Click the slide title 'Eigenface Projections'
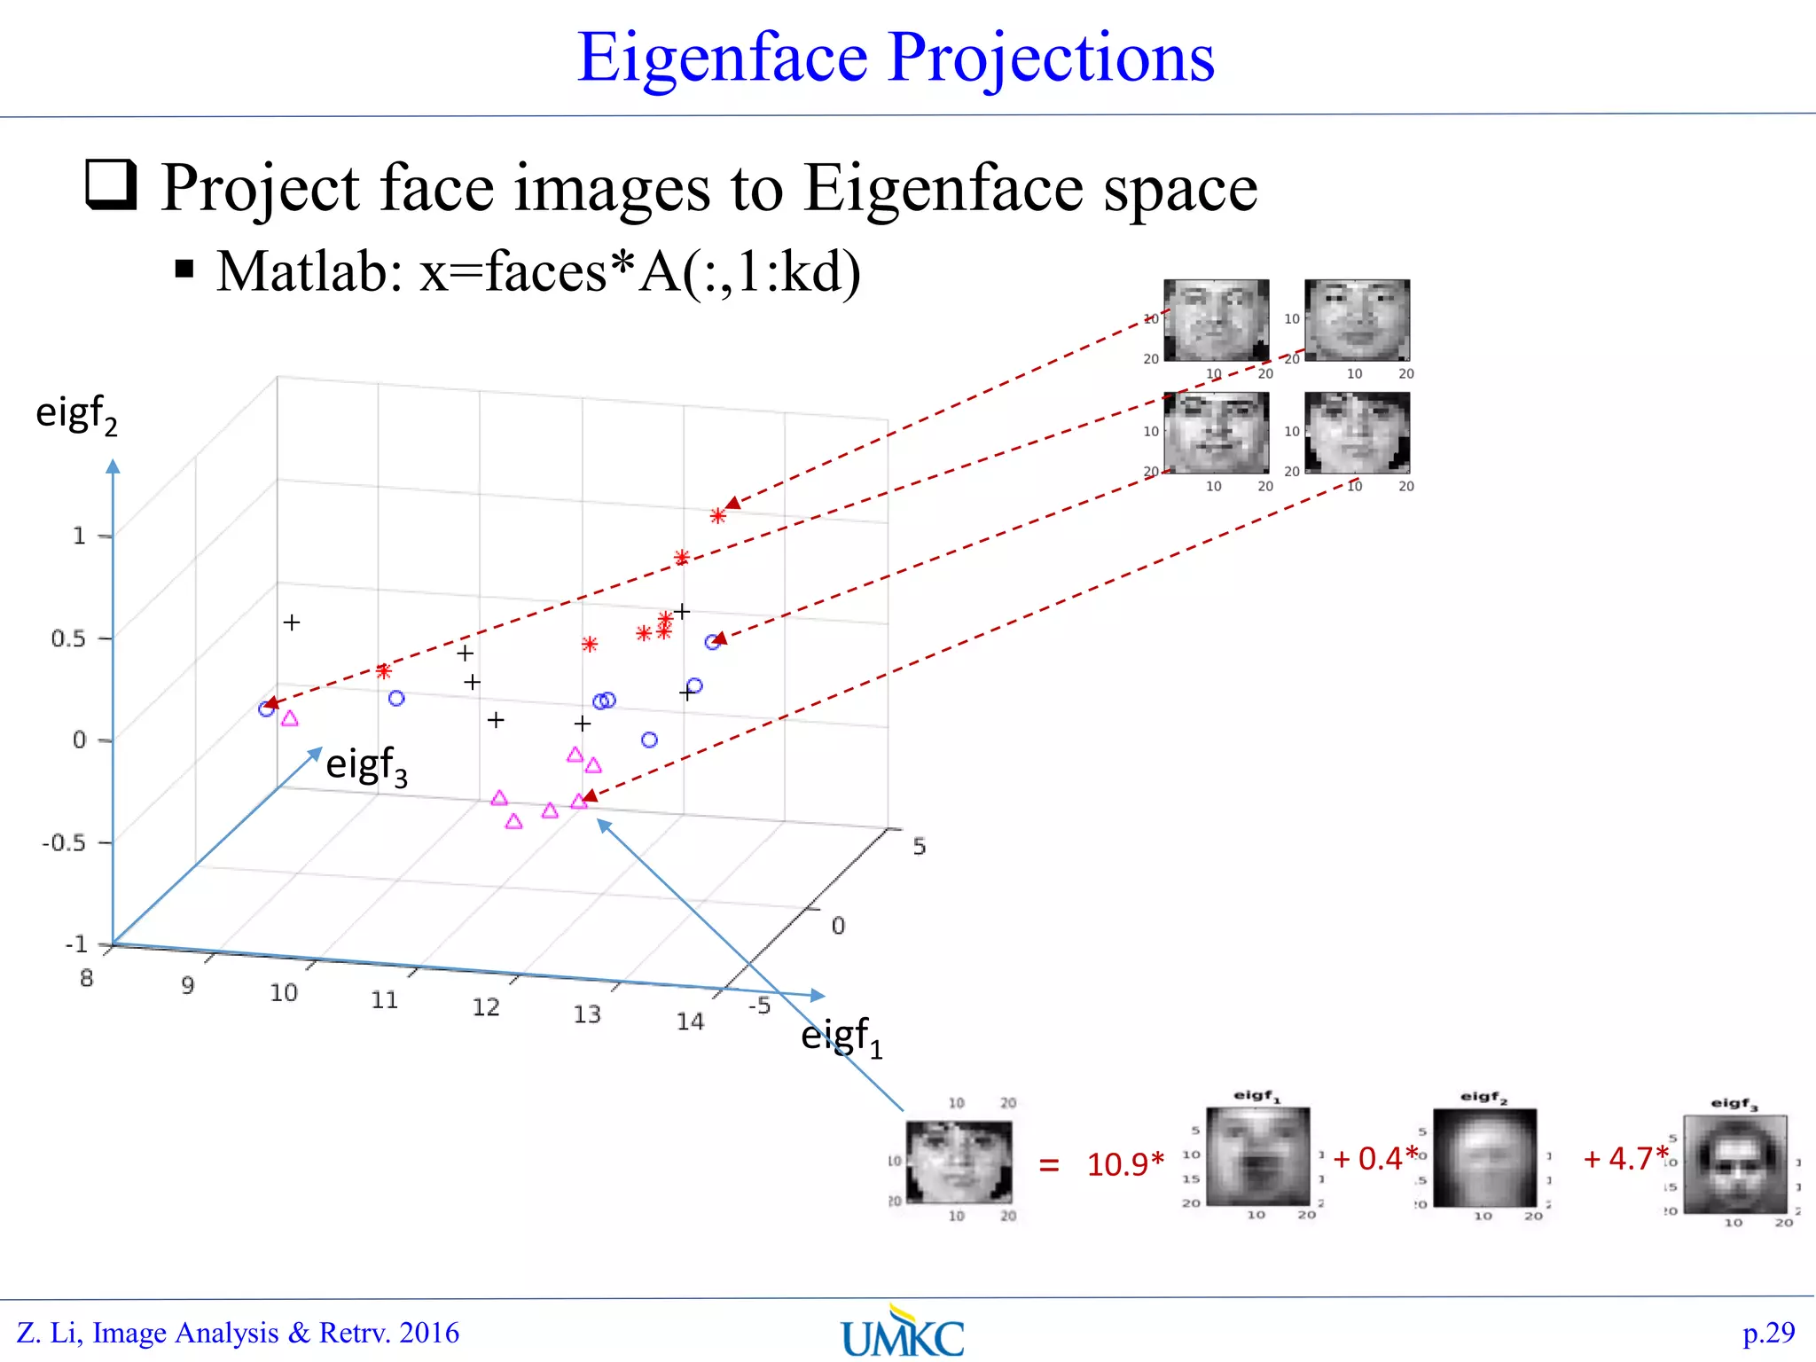point(896,58)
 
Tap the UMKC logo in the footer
point(903,1334)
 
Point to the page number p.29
point(1768,1333)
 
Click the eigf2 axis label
point(76,415)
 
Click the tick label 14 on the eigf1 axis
point(690,1021)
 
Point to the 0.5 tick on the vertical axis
point(68,638)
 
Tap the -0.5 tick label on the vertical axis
point(64,842)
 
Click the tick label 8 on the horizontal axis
point(86,978)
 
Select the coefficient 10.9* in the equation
point(1124,1164)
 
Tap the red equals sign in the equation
point(1049,1164)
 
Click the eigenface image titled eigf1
point(1257,1156)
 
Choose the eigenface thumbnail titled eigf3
point(1735,1164)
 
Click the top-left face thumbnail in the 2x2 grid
point(1216,320)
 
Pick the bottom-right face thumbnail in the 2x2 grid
point(1357,433)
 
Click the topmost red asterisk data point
point(718,515)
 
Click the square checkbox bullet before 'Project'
point(111,184)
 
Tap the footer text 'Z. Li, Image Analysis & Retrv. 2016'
point(238,1333)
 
